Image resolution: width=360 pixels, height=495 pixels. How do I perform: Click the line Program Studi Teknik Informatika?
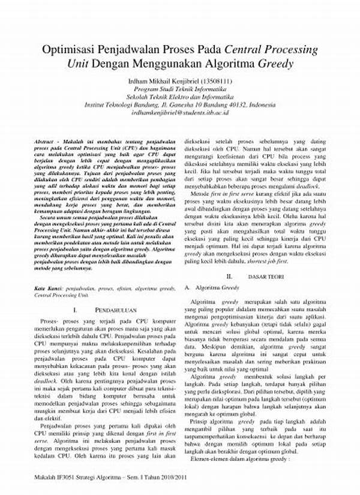[180, 88]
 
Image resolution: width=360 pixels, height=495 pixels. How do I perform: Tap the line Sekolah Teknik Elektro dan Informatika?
[180, 96]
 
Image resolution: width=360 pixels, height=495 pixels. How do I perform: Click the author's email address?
[180, 112]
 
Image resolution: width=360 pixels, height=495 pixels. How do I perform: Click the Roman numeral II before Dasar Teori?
[229, 277]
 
